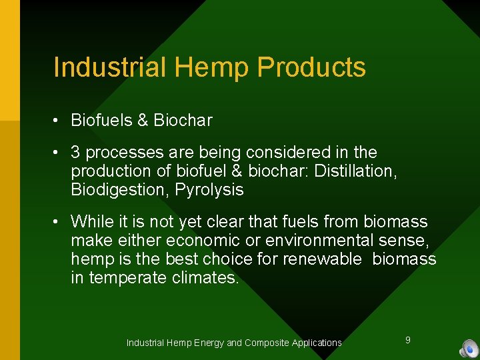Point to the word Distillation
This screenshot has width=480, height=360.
356,171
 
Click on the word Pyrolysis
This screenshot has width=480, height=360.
209,190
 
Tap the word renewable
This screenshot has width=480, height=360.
323,259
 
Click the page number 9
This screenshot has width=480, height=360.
408,340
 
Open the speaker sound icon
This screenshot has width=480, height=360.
469,348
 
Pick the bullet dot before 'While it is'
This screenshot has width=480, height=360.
59,222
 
